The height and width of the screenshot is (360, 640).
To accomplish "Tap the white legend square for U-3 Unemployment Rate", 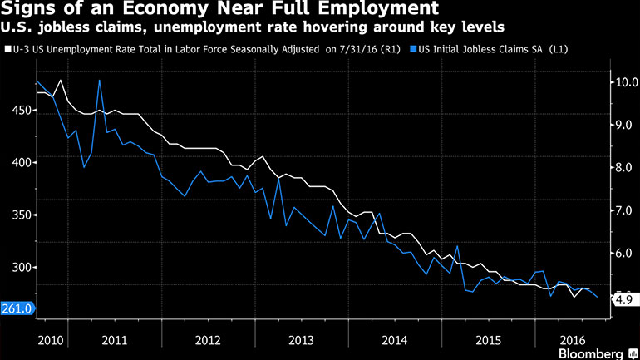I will point(7,49).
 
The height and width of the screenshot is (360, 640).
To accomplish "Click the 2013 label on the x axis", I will point(302,340).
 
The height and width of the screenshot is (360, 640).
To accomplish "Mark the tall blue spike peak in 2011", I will point(100,81).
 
